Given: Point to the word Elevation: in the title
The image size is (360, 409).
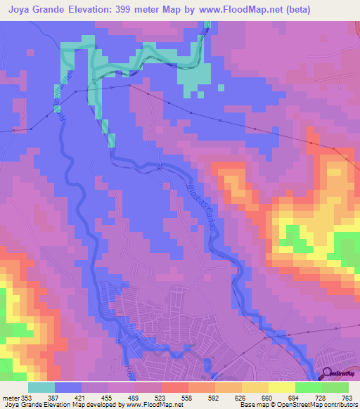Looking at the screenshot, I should click(x=105, y=9).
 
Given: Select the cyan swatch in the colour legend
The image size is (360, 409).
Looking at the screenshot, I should click(x=41, y=388).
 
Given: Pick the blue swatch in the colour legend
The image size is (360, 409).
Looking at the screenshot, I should click(x=68, y=388).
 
